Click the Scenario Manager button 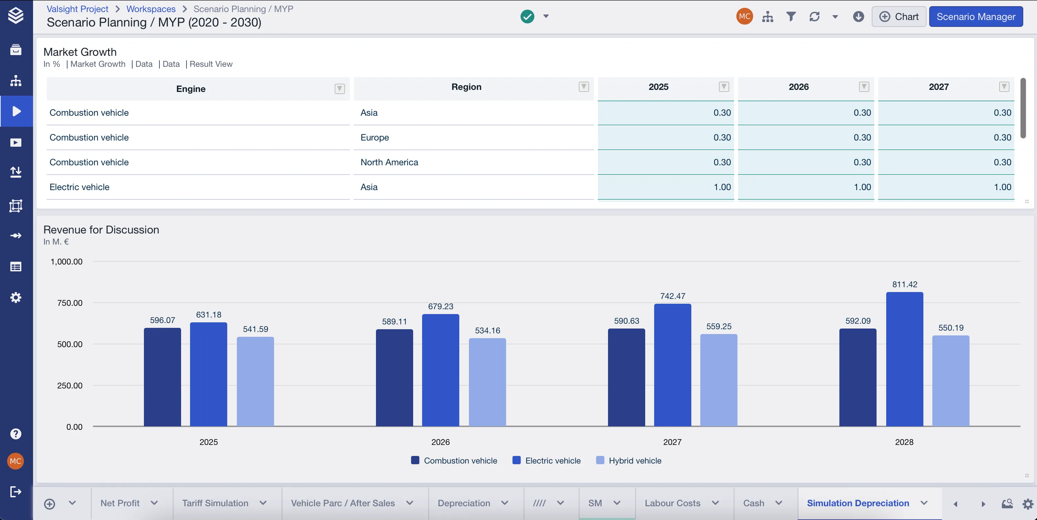[x=976, y=17]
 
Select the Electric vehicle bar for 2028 [x=904, y=359]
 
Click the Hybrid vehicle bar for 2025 [x=255, y=382]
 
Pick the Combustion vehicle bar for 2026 [x=395, y=378]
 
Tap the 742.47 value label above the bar [x=673, y=296]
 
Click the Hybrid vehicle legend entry [x=628, y=460]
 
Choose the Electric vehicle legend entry [x=546, y=460]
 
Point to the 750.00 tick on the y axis [x=70, y=303]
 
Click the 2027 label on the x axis [x=672, y=442]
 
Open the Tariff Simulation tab [x=216, y=503]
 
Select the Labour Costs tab [x=673, y=503]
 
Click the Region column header [x=466, y=87]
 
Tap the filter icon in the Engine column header [x=340, y=89]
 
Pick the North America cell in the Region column [x=389, y=162]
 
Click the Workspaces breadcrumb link [x=151, y=9]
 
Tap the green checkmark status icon [x=527, y=17]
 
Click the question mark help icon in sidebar [x=16, y=434]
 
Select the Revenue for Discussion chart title [x=101, y=230]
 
